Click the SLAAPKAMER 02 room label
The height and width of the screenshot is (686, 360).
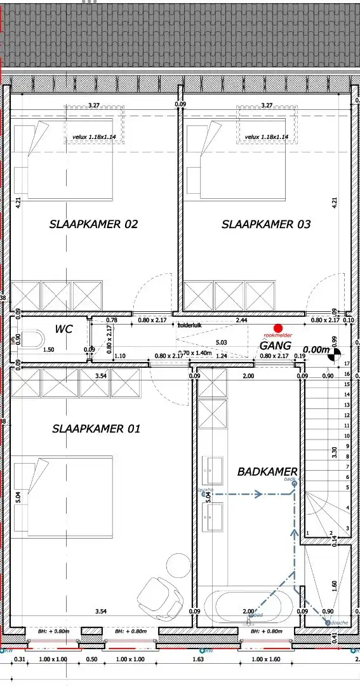(93, 224)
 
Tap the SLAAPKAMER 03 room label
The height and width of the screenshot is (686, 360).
(266, 224)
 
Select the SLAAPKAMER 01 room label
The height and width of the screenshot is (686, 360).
(96, 429)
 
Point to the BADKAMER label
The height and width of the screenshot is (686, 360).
(267, 472)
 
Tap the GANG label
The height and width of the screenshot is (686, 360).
(275, 346)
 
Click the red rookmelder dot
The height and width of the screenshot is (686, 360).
(277, 327)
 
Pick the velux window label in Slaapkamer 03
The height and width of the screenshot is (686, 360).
(266, 137)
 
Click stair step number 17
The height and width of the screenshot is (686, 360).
(347, 363)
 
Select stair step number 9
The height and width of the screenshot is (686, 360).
(347, 446)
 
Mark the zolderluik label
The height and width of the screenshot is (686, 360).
(189, 324)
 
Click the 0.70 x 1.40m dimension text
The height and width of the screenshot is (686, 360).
(195, 353)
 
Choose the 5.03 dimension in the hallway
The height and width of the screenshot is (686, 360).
(222, 343)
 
